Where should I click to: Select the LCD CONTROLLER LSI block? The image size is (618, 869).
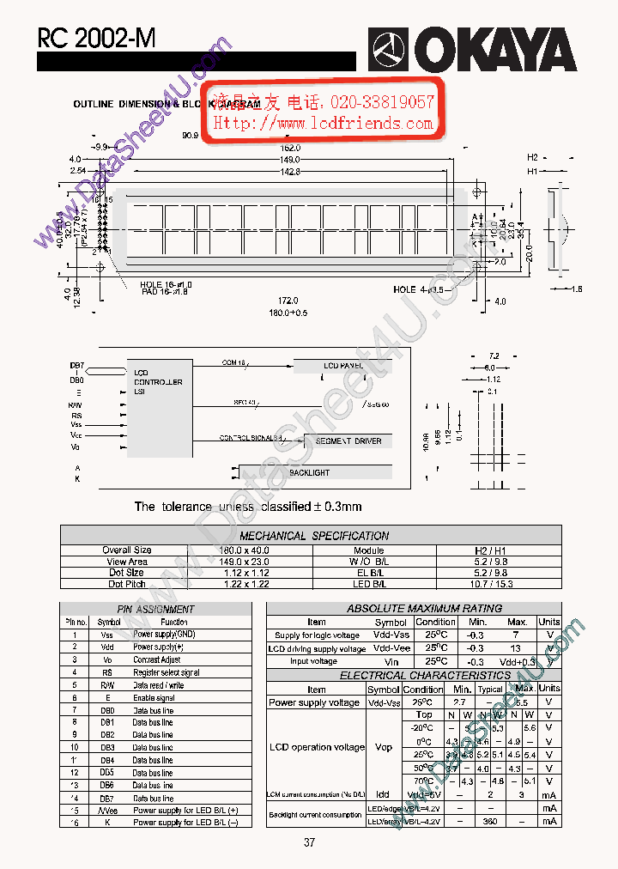tap(159, 382)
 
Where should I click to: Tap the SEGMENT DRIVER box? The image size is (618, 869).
tap(348, 441)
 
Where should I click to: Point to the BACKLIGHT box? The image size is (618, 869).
tap(309, 473)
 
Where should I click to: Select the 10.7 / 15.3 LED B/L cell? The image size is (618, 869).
tap(499, 584)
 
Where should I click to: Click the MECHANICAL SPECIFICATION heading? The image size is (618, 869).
tap(314, 536)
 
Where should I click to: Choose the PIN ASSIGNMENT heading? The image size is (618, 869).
tap(155, 609)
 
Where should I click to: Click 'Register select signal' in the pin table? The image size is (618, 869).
tap(166, 672)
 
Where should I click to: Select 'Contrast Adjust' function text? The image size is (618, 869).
tap(157, 659)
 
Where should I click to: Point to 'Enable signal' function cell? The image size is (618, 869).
tap(154, 698)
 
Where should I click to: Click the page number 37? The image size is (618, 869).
tap(309, 842)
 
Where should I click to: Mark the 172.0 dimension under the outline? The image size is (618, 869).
tap(288, 301)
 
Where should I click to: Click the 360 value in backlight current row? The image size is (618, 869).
tap(491, 822)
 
